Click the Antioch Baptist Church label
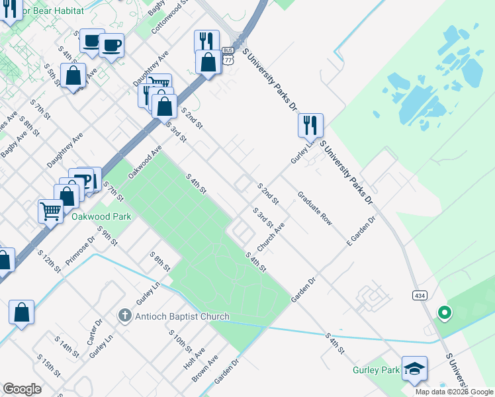pos(183,316)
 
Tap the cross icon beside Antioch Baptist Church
pos(125,316)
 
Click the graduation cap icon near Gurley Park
pos(414,369)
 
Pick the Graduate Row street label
pos(314,208)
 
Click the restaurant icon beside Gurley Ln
pos(310,124)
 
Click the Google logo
pos(22,389)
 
